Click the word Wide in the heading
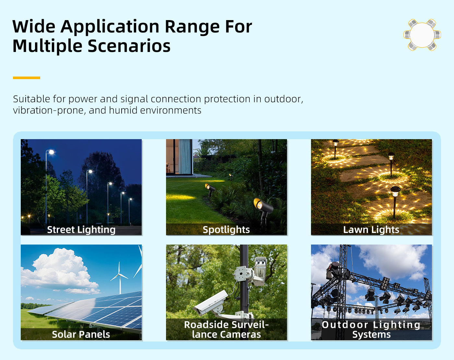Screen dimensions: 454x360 coord(34,27)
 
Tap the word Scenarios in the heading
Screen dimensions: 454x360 coord(129,46)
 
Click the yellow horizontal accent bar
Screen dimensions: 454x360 coord(27,78)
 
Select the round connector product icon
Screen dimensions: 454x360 coord(422,35)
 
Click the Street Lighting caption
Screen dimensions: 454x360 coord(81,230)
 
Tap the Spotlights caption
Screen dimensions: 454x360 coord(226,230)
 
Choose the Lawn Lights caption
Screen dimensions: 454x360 coord(371,230)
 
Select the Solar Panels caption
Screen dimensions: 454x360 coord(81,334)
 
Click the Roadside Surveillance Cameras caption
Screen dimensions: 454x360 coord(226,330)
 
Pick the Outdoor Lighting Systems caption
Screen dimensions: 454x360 coord(371,330)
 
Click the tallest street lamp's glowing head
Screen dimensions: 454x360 coord(51,152)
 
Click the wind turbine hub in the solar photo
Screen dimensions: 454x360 coord(119,274)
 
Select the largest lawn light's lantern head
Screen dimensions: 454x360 coord(395,191)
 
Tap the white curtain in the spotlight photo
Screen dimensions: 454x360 coord(185,156)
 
